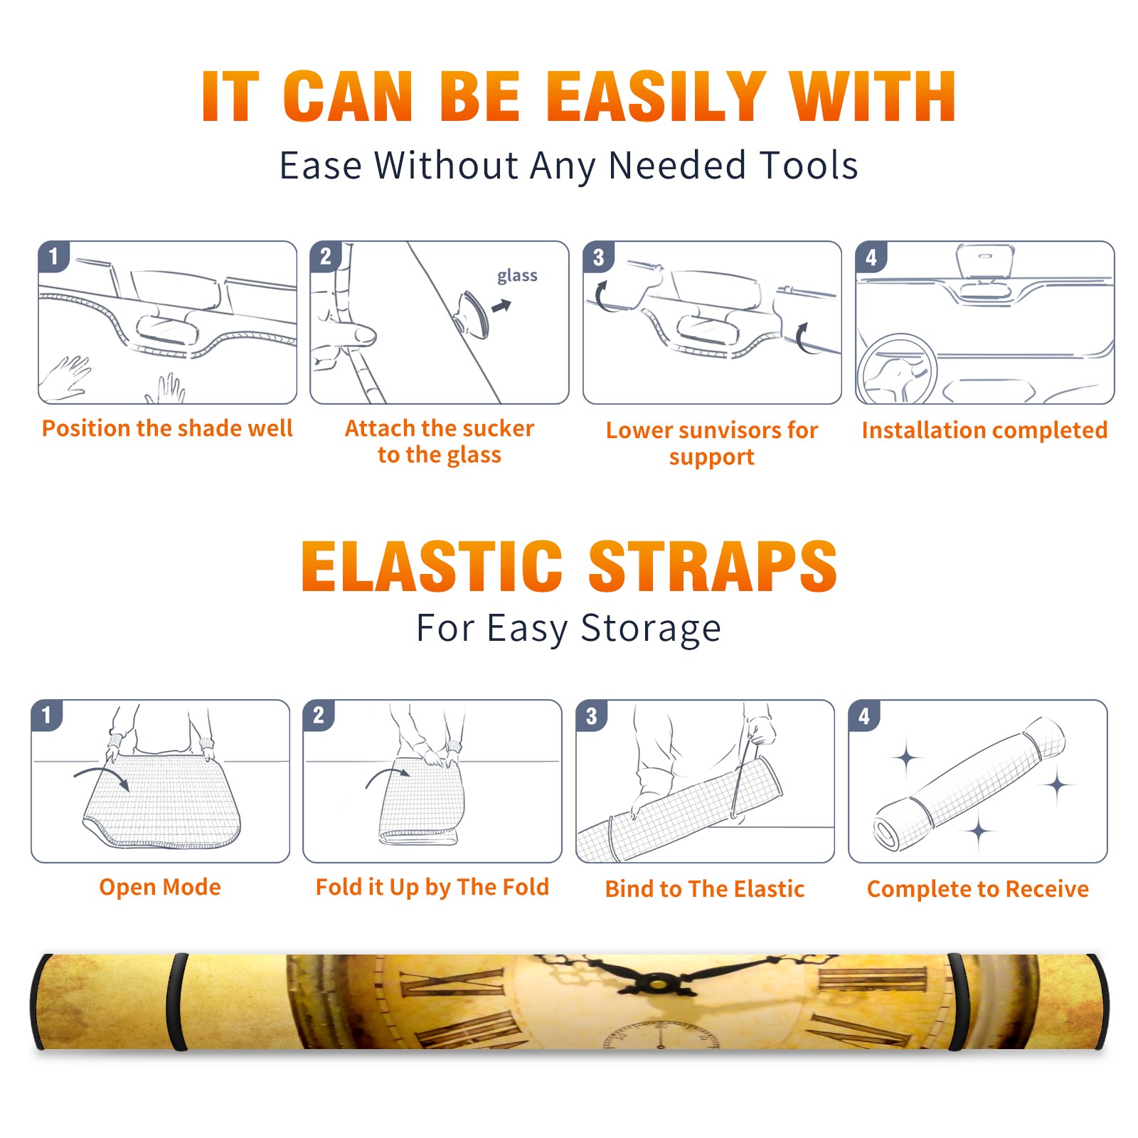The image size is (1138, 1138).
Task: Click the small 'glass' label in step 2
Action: (x=517, y=276)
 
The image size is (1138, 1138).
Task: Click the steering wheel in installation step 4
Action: (x=898, y=370)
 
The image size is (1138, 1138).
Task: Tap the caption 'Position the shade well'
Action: (x=167, y=428)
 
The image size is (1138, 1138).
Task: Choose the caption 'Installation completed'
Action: (x=984, y=430)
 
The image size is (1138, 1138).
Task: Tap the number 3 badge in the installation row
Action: (x=598, y=257)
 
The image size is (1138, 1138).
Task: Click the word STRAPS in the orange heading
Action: (x=713, y=566)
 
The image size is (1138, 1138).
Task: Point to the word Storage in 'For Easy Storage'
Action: (x=651, y=629)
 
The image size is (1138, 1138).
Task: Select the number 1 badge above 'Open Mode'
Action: (x=47, y=715)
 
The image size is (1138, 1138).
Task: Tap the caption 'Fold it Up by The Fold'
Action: (x=432, y=887)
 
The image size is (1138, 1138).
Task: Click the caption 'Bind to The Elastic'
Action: (x=705, y=889)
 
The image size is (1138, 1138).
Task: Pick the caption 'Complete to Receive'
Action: (x=978, y=889)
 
